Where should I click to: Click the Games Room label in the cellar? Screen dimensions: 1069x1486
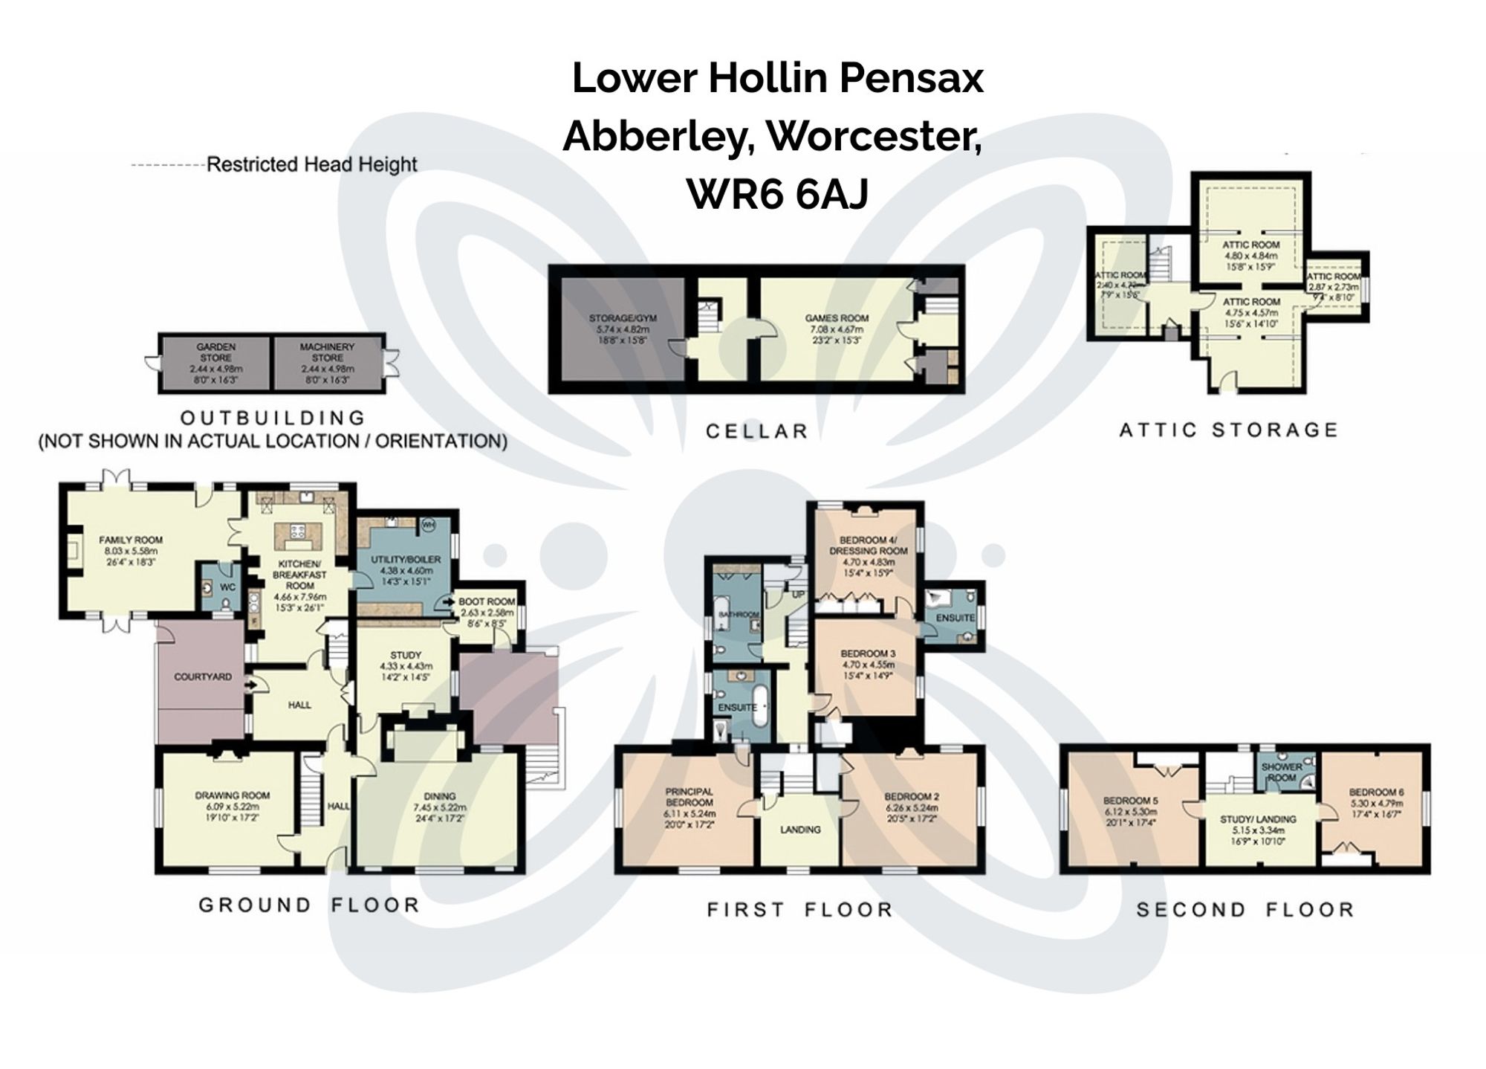[x=837, y=318]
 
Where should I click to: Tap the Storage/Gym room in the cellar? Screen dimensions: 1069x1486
[x=623, y=328]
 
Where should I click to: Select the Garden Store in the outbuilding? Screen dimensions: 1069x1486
[x=215, y=363]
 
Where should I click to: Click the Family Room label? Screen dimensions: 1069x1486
[x=131, y=540]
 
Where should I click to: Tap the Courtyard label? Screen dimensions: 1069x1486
[x=203, y=676]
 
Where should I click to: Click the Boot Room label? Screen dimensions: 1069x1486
[x=487, y=601]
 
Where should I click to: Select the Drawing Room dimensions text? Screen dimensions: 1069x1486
[x=233, y=812]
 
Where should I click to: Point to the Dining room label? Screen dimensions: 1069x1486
[x=440, y=795]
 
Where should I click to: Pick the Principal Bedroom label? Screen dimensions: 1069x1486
[x=689, y=797]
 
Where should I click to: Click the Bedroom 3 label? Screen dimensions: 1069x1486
[x=868, y=653]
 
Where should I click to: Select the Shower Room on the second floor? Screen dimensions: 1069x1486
[x=1282, y=772]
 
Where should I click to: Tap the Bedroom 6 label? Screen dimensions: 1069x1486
[x=1376, y=792]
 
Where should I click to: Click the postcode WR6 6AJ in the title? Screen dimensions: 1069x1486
[x=777, y=195]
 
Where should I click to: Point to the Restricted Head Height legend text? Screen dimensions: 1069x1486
[x=311, y=164]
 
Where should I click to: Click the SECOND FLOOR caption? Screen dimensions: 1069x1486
[x=1245, y=909]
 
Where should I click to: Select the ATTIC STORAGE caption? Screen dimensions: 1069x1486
[x=1228, y=430]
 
